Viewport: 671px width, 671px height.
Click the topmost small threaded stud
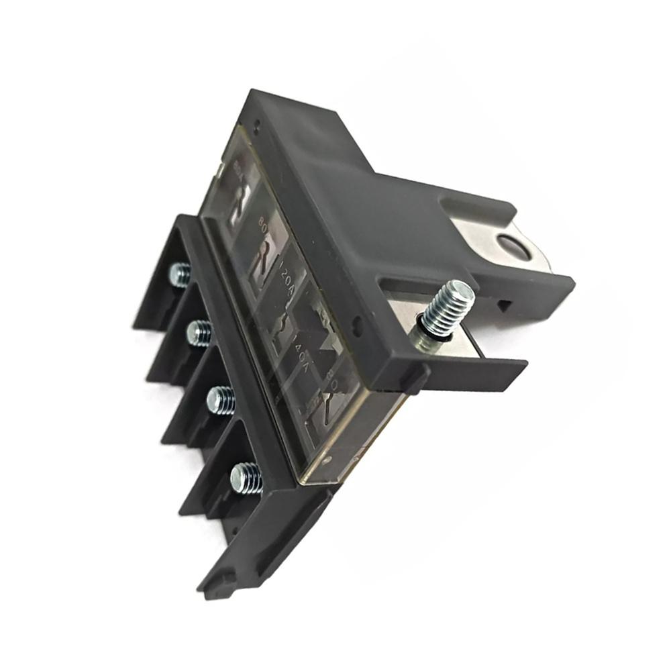tap(180, 274)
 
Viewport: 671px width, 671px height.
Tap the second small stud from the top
tap(199, 333)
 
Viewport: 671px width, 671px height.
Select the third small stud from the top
tap(221, 401)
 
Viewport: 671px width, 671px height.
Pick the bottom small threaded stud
tap(246, 478)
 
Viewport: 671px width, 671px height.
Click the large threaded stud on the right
tap(448, 307)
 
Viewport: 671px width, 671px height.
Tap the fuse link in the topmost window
tap(236, 201)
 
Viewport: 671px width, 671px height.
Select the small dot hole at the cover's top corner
tap(258, 123)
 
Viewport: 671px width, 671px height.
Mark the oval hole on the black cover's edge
tap(357, 327)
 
